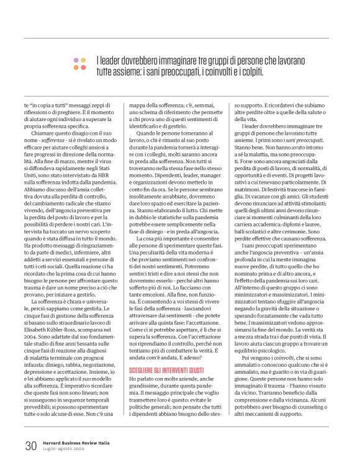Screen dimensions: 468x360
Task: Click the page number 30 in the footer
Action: (30, 444)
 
